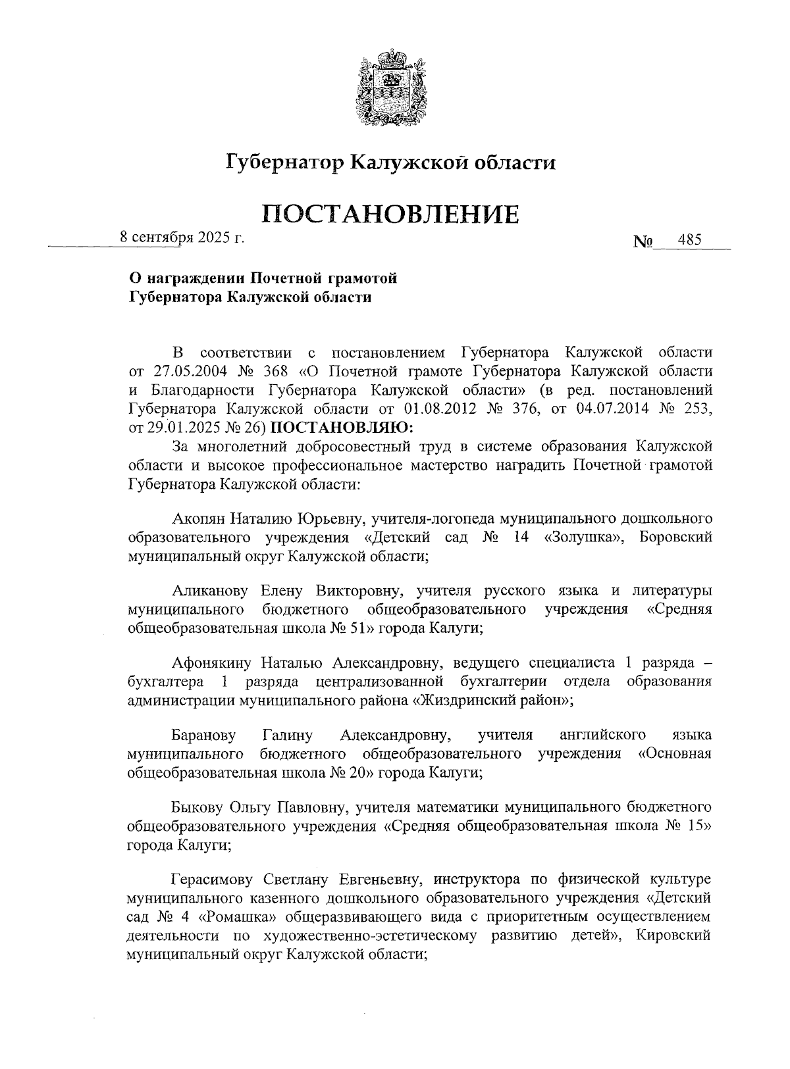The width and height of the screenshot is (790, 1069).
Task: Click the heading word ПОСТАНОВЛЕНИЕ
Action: [x=391, y=214]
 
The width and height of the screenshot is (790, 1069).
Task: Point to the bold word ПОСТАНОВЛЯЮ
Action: [x=342, y=427]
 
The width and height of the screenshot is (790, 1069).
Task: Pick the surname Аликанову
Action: [x=211, y=591]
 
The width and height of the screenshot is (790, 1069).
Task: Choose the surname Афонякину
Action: [x=213, y=662]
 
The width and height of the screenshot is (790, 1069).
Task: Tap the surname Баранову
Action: [x=203, y=734]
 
